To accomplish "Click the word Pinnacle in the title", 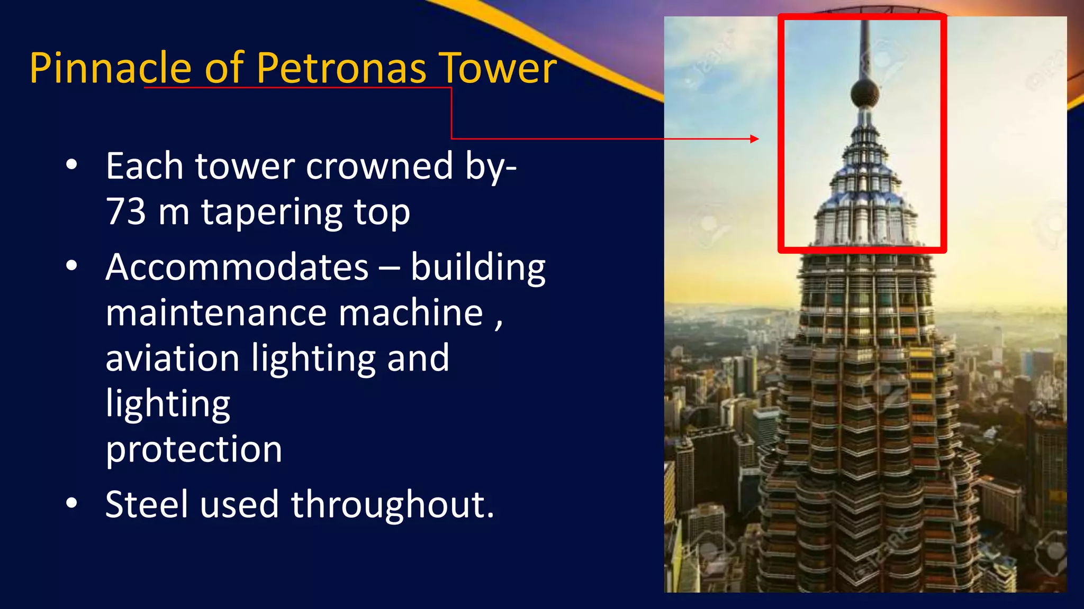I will click(x=110, y=68).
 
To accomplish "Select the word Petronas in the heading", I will click(x=341, y=68).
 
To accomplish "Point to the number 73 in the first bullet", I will click(x=126, y=211).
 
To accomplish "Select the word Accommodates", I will click(x=237, y=267).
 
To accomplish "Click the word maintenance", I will click(x=216, y=313).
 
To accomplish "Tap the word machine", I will click(x=411, y=313).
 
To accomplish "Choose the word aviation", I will click(x=172, y=358).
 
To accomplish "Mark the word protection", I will click(x=194, y=450).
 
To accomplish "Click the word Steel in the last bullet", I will click(x=146, y=504).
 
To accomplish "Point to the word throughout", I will click(x=392, y=505).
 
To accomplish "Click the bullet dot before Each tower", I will click(x=71, y=165).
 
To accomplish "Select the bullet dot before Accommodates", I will click(x=71, y=266).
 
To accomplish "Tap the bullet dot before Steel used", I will click(x=71, y=504).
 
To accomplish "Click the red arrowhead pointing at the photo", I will click(x=755, y=139).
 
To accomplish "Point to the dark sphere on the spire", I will click(x=865, y=94).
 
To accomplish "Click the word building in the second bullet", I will click(x=478, y=268).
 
